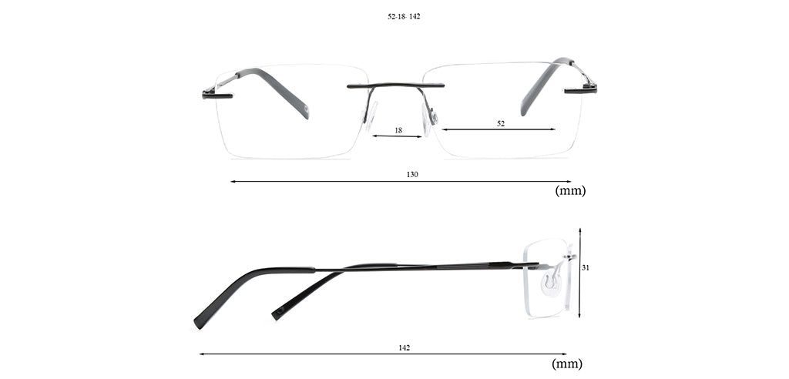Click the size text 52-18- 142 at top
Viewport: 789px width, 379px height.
(x=404, y=16)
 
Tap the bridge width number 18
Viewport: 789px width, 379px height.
(x=398, y=130)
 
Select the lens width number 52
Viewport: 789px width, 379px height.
(x=501, y=123)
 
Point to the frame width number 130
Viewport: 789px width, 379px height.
(x=412, y=175)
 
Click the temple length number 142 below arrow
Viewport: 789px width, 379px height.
(x=404, y=347)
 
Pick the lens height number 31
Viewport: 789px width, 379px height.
(x=586, y=268)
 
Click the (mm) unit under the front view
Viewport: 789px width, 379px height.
(x=570, y=191)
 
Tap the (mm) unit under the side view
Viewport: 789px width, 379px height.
(x=567, y=364)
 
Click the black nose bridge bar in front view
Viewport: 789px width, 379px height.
(x=395, y=86)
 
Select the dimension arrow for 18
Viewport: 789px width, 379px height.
(x=397, y=136)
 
